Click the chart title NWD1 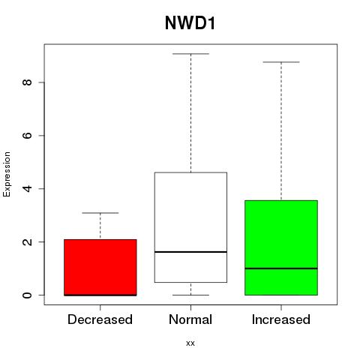[x=190, y=23]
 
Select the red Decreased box [x=100, y=268]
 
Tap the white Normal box [x=190, y=227]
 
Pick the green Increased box [x=281, y=247]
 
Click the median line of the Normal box [x=190, y=252]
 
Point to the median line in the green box [x=281, y=268]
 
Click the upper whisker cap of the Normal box [x=190, y=54]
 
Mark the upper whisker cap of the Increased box [x=281, y=62]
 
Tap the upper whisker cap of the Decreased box [x=100, y=213]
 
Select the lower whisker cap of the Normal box [x=190, y=295]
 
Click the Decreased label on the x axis [x=100, y=319]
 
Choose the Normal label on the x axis [x=190, y=319]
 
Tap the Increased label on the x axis [x=281, y=319]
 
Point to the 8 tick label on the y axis [x=27, y=82]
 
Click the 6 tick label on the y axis [x=27, y=135]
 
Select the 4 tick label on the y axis [x=27, y=188]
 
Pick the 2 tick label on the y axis [x=27, y=241]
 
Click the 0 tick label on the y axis [x=27, y=295]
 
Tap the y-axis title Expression [x=7, y=174]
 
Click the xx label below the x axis [x=190, y=343]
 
